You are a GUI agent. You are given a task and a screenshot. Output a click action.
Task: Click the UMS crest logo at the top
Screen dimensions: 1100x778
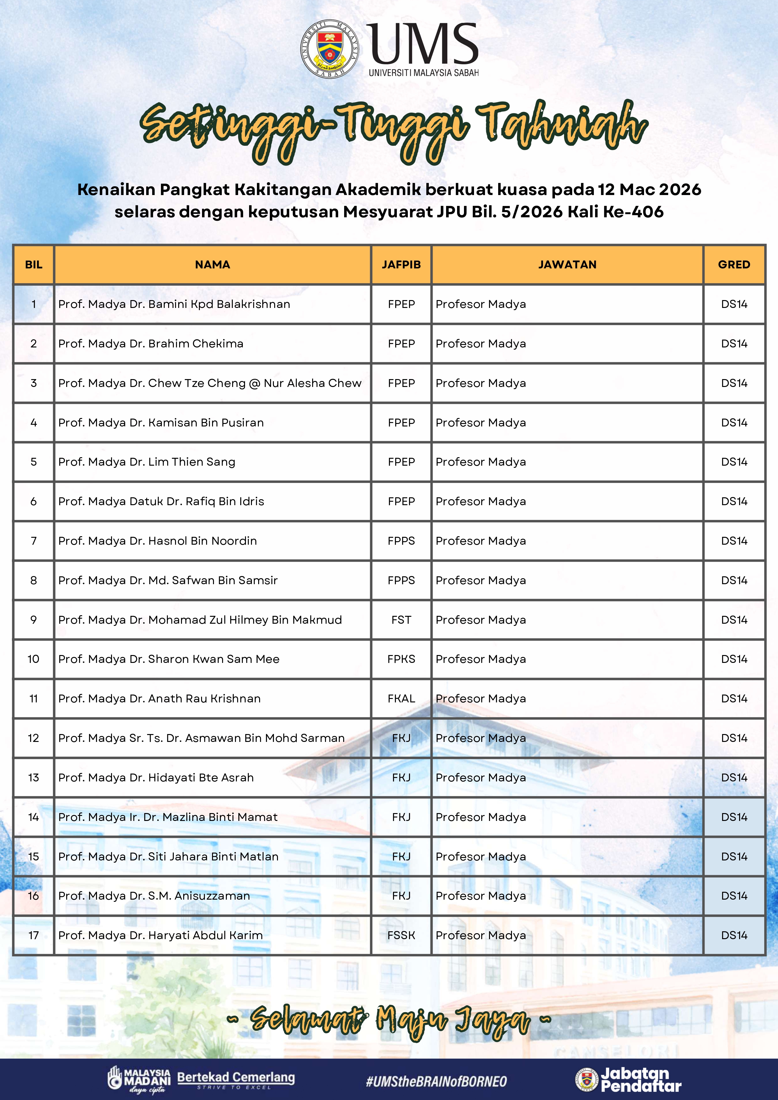click(x=330, y=49)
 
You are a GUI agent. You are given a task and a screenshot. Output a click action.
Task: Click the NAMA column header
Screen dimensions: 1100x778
click(x=212, y=264)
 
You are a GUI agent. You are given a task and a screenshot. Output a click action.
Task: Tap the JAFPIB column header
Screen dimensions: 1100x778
click(x=401, y=264)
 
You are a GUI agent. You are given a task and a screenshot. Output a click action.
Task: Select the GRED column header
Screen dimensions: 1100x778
click(x=734, y=264)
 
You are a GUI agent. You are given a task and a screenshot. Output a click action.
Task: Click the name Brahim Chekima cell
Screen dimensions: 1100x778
click(x=151, y=343)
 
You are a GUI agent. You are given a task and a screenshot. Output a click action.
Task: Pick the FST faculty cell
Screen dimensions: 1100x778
click(x=401, y=620)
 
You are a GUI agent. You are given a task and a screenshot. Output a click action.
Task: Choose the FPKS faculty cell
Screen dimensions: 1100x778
click(x=401, y=659)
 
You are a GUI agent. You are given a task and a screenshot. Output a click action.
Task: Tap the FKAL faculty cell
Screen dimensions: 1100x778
click(x=401, y=699)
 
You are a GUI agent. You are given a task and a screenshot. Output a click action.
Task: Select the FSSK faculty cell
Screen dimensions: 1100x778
click(x=401, y=935)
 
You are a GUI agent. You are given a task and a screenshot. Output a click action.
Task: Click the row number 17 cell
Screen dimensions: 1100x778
click(x=34, y=935)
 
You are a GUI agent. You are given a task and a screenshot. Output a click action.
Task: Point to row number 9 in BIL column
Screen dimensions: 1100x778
click(x=34, y=620)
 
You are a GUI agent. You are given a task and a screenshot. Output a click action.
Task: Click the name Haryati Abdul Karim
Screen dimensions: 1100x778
click(x=161, y=935)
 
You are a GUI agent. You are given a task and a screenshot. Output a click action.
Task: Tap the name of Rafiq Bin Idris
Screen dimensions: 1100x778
click(x=161, y=501)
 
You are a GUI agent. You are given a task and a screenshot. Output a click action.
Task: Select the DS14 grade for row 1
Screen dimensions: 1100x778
click(x=734, y=304)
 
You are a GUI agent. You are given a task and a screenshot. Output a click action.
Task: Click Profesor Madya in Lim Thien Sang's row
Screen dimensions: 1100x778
click(x=480, y=462)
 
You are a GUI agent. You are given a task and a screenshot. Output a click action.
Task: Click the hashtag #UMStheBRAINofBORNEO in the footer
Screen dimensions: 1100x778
click(x=436, y=1081)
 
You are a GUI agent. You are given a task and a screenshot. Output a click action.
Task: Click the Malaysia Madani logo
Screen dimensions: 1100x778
click(x=139, y=1080)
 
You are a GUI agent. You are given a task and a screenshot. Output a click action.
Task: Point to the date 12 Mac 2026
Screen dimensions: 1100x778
click(x=649, y=190)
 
